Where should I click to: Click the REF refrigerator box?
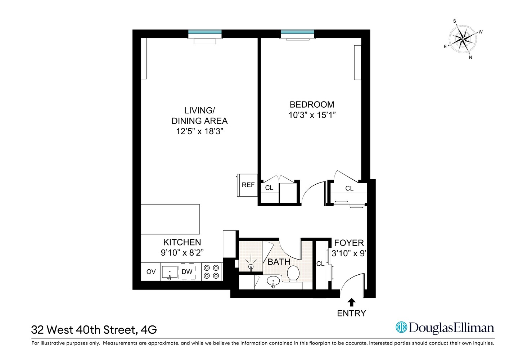pyautogui.click(x=248, y=185)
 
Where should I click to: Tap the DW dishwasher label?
pyautogui.click(x=187, y=272)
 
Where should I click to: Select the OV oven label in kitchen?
pyautogui.click(x=151, y=272)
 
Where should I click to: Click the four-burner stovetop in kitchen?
pyautogui.click(x=211, y=272)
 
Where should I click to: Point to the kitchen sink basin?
pyautogui.click(x=170, y=272)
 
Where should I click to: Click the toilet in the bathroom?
pyautogui.click(x=293, y=274)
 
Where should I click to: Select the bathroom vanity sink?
pyautogui.click(x=274, y=281)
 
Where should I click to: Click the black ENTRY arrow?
pyautogui.click(x=352, y=302)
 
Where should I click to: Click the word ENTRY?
pyautogui.click(x=351, y=313)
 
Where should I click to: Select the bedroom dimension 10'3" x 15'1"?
pyautogui.click(x=312, y=115)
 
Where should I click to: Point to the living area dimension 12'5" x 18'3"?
pyautogui.click(x=200, y=131)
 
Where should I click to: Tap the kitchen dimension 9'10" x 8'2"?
pyautogui.click(x=182, y=253)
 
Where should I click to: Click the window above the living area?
pyautogui.click(x=205, y=32)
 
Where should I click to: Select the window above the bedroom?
pyautogui.click(x=297, y=32)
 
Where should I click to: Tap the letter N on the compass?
pyautogui.click(x=470, y=57)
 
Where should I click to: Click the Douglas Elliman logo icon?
pyautogui.click(x=401, y=327)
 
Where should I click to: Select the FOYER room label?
pyautogui.click(x=349, y=243)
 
